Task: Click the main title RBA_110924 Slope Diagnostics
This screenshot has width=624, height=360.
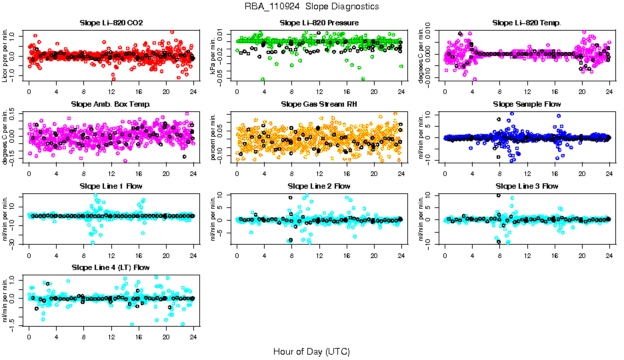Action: pos(311,7)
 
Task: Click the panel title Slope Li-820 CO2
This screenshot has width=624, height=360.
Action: pos(111,23)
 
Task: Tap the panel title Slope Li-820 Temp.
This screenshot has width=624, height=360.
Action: pos(527,23)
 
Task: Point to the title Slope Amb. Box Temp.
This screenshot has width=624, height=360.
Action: pos(111,105)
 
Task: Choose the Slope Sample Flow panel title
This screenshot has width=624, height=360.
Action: pos(527,105)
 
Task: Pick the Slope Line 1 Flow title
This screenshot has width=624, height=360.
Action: pos(111,186)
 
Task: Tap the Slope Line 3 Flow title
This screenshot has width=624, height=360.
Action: pos(527,186)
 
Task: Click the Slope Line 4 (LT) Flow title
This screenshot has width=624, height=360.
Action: pos(111,267)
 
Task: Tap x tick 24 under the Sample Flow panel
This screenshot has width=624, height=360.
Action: pos(609,173)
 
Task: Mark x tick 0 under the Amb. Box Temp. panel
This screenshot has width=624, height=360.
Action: pos(29,173)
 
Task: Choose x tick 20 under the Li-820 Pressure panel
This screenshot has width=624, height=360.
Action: pos(374,91)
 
